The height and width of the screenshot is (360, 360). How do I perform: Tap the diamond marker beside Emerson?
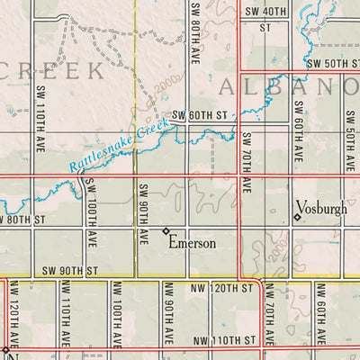(x=166, y=231)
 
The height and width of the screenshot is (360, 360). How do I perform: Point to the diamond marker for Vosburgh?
(x=297, y=217)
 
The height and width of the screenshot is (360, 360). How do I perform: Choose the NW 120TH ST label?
(x=221, y=288)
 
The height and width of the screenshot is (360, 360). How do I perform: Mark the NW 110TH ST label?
(x=225, y=340)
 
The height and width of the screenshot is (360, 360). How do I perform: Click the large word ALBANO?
(x=288, y=87)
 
